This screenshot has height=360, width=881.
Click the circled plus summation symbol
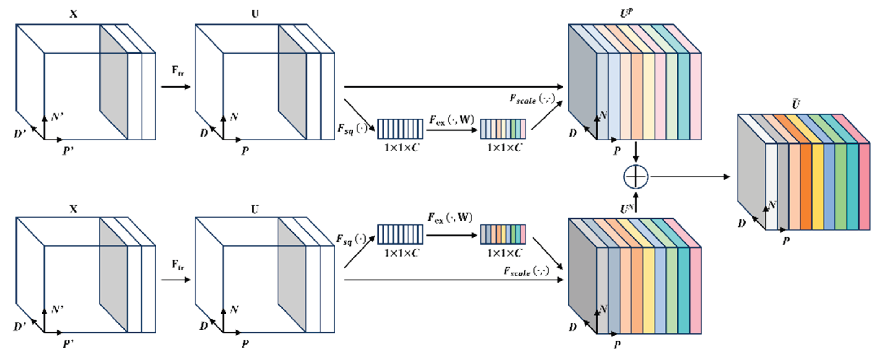635,177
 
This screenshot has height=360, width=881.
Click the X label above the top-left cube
73,14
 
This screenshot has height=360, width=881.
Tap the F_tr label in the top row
178,71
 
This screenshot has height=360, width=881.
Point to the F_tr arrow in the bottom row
175,280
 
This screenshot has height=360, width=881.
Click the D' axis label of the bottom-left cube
20,327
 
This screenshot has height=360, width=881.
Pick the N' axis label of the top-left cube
57,117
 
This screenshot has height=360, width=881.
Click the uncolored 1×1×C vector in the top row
400,129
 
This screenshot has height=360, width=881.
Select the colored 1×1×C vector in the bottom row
503,234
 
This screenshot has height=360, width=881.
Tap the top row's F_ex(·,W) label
451,120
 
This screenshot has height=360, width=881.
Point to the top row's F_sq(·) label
352,128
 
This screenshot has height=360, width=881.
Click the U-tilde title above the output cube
796,104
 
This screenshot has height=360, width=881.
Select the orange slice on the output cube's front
806,186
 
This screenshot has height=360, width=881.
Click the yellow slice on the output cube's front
817,186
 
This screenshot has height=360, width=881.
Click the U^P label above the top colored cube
627,13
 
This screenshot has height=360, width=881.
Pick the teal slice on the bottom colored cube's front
683,291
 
